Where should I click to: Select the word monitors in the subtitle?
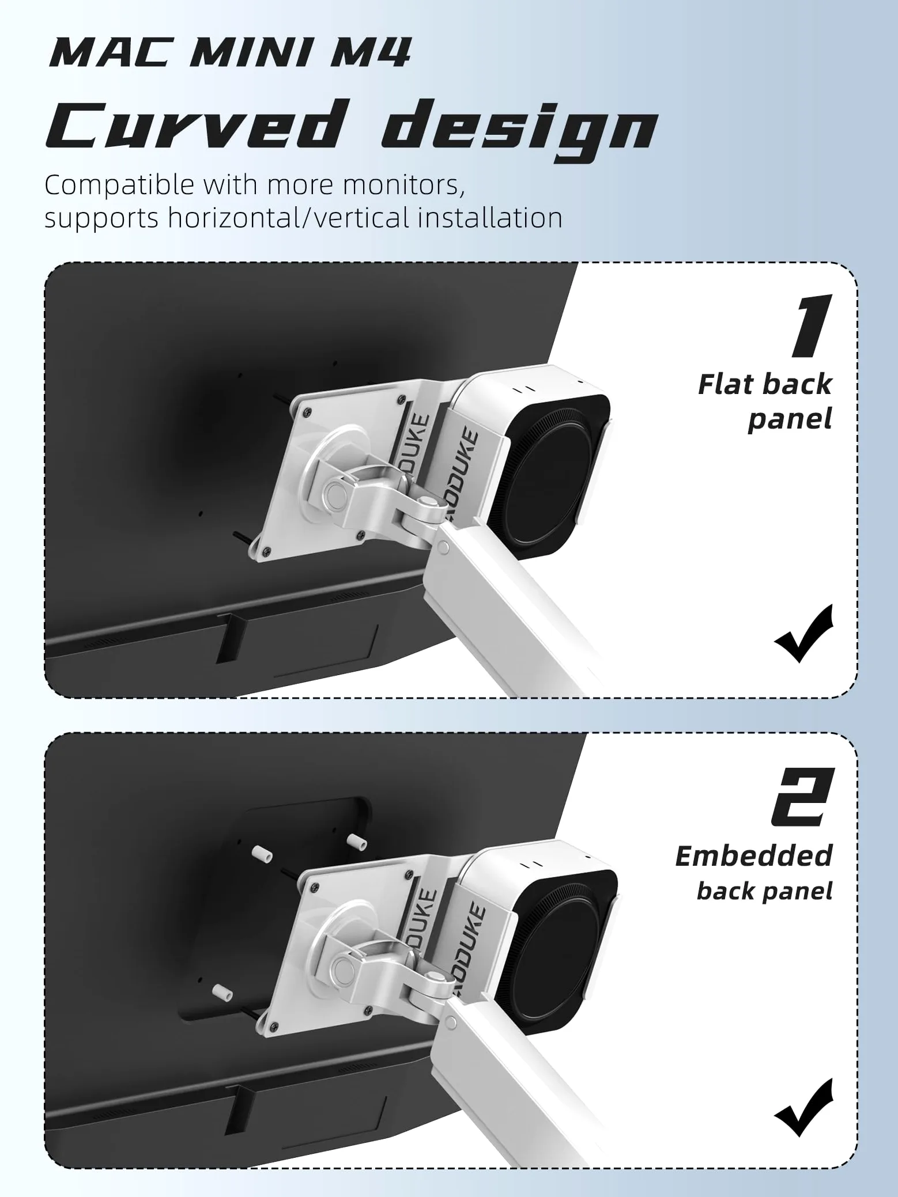(x=403, y=185)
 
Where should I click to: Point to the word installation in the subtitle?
(x=490, y=218)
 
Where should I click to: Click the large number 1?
(x=811, y=325)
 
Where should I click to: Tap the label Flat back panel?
(x=765, y=401)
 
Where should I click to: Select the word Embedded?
(x=754, y=855)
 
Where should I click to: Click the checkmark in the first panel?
(x=804, y=634)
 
